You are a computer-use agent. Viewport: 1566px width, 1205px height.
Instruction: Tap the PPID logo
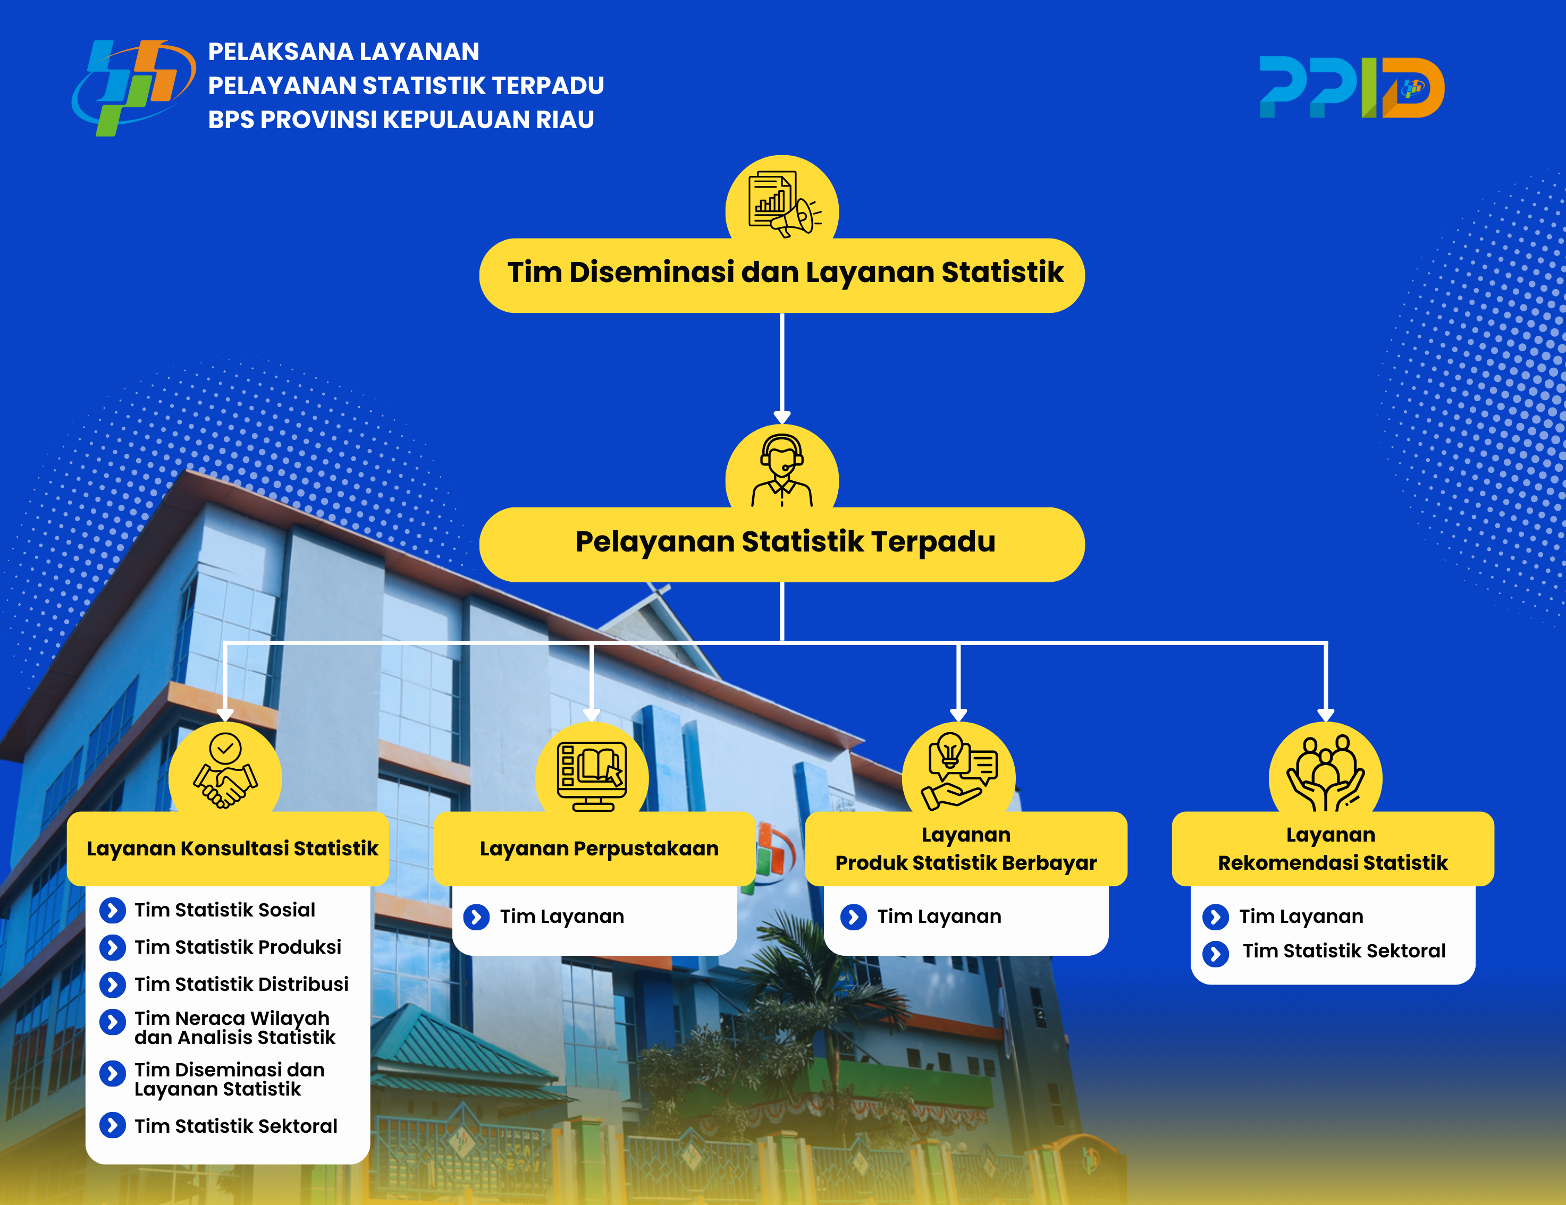(x=1352, y=87)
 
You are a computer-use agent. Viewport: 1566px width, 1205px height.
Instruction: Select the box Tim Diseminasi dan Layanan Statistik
(x=781, y=275)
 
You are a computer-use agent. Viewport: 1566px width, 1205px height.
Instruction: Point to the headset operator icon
(x=781, y=470)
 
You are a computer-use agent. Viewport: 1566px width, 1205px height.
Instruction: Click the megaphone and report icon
(x=784, y=203)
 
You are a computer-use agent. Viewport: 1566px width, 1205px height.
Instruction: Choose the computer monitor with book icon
(x=592, y=776)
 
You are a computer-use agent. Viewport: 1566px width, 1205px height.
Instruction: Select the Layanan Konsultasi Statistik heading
(x=232, y=848)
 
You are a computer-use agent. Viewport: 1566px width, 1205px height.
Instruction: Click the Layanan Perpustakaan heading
(x=599, y=848)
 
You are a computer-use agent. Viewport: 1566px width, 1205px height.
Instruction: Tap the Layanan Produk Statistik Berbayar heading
(x=966, y=848)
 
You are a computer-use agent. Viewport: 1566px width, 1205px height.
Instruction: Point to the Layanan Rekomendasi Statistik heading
(x=1332, y=848)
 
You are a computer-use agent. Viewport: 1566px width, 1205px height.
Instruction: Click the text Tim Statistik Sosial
(x=224, y=910)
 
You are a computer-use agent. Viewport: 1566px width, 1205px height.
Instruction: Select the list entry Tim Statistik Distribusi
(x=241, y=984)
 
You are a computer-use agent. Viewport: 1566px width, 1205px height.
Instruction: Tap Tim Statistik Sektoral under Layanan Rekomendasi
(x=1344, y=951)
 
